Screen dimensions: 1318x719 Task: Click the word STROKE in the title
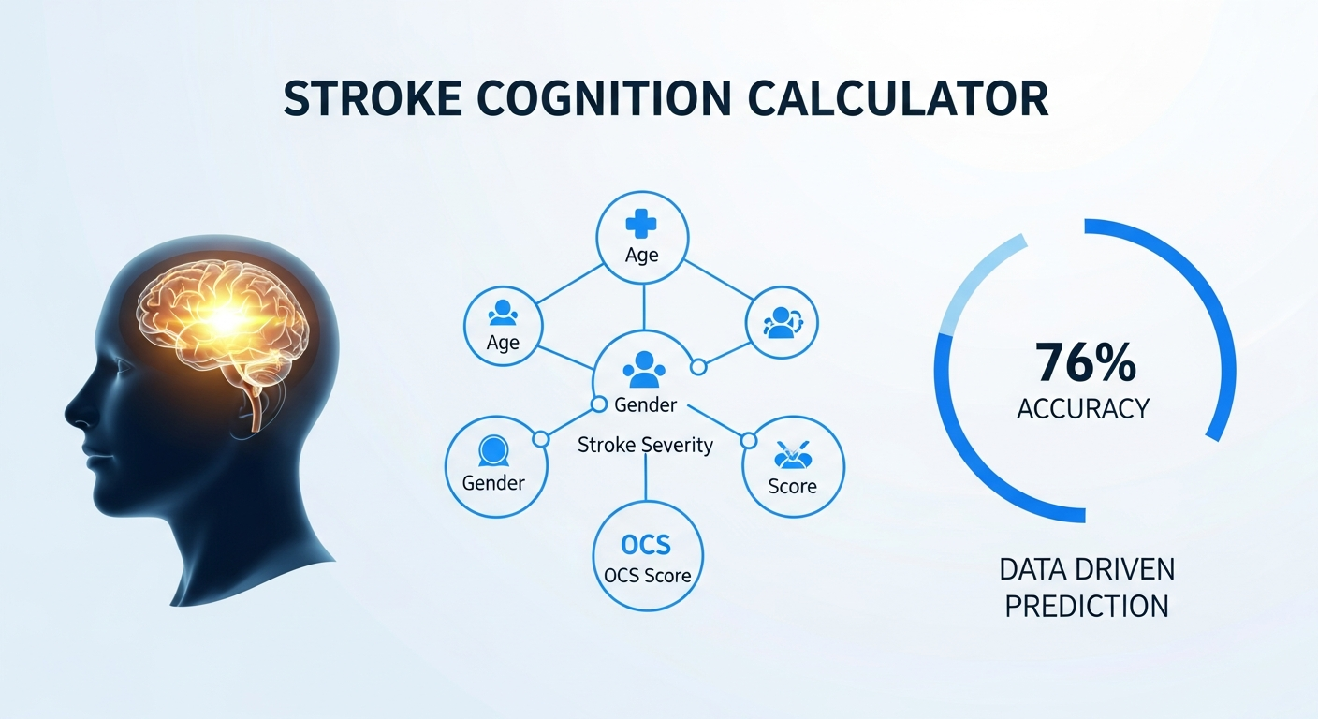(x=372, y=99)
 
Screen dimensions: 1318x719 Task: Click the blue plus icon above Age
(x=641, y=224)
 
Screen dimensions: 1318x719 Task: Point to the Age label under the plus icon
(x=641, y=256)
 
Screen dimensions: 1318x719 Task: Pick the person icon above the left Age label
(x=503, y=313)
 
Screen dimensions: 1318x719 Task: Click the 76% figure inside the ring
(x=1086, y=362)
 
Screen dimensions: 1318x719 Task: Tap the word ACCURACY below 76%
(x=1083, y=408)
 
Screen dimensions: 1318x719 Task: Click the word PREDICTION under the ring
(x=1086, y=607)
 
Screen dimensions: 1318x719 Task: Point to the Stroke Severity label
(x=645, y=445)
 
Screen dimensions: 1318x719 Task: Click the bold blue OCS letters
(x=646, y=545)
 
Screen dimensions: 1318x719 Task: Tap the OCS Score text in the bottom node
(x=647, y=576)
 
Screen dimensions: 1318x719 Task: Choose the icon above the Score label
(x=792, y=455)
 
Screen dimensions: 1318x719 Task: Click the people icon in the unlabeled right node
(x=782, y=322)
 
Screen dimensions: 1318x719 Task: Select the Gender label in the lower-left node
(x=493, y=484)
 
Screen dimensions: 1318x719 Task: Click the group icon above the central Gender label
(x=644, y=370)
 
